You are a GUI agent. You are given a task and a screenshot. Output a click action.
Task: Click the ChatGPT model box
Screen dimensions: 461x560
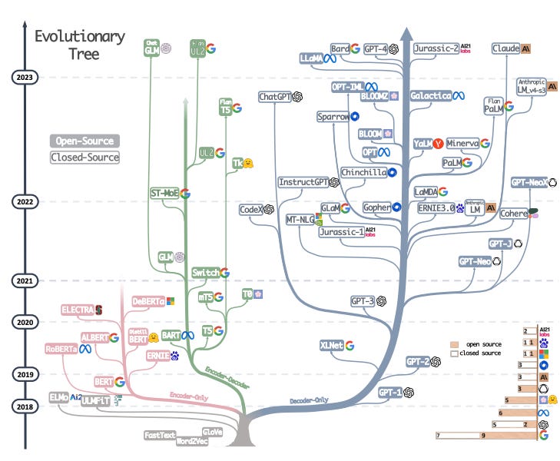[x=274, y=97]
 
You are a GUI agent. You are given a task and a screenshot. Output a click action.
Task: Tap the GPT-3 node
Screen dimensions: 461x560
[x=362, y=301]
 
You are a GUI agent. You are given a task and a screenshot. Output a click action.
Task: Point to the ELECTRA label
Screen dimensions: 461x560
[x=77, y=310]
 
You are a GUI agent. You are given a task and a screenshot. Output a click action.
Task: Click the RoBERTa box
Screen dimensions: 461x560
[x=61, y=349]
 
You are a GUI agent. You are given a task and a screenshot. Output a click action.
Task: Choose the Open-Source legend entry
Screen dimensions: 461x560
[x=84, y=141]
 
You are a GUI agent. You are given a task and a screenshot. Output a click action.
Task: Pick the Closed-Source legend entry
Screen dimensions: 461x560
[x=84, y=158]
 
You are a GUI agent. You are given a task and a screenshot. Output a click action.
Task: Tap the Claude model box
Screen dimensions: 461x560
[x=506, y=48]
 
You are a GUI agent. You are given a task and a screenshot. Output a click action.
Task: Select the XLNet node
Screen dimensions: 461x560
[x=331, y=346]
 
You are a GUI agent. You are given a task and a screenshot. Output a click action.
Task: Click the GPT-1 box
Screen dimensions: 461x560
[x=390, y=392]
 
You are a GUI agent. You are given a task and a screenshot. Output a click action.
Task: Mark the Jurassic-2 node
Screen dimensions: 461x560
[x=436, y=48]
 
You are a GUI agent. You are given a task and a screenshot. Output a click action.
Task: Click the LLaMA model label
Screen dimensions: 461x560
[x=313, y=58]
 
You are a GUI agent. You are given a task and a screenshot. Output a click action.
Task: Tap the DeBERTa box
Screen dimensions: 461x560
[x=148, y=301]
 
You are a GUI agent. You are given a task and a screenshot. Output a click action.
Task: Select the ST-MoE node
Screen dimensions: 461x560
[x=164, y=193]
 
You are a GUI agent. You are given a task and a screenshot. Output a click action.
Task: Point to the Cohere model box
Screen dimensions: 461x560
[x=512, y=213]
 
